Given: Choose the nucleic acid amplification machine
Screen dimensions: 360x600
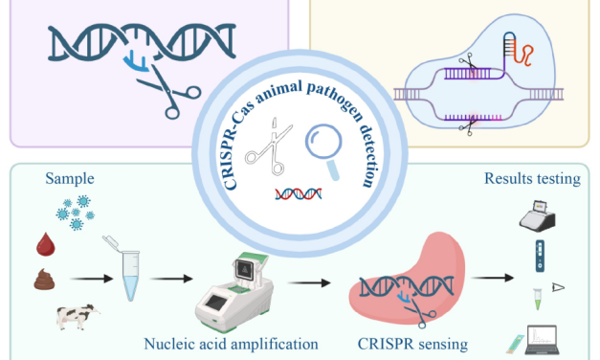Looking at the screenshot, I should coord(233,286).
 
